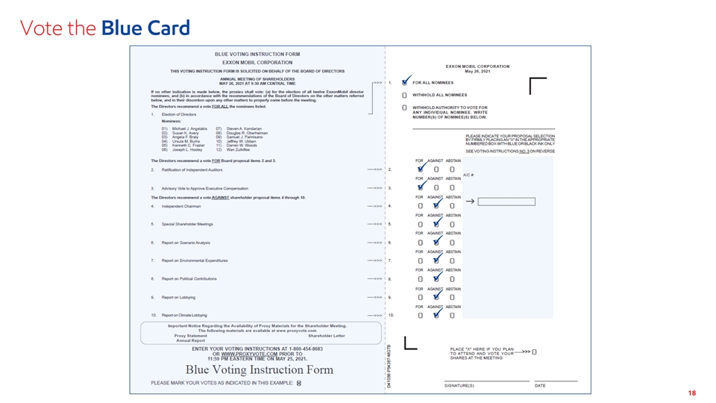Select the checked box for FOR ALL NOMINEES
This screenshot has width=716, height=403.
pyautogui.click(x=404, y=82)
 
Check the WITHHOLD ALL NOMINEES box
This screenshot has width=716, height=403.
pyautogui.click(x=404, y=95)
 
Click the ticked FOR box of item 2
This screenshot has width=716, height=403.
pyautogui.click(x=420, y=169)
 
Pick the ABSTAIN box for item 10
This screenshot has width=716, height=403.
pyautogui.click(x=452, y=315)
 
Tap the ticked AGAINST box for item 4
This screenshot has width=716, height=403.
pyautogui.click(x=436, y=206)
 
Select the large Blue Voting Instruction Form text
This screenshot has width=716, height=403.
pyautogui.click(x=259, y=370)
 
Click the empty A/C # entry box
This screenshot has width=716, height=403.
pyautogui.click(x=506, y=201)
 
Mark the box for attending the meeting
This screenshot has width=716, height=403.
pyautogui.click(x=534, y=352)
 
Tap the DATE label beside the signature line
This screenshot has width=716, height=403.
pyautogui.click(x=540, y=385)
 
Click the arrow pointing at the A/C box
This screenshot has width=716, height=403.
pyautogui.click(x=471, y=201)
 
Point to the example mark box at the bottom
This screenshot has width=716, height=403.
pyautogui.click(x=298, y=383)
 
